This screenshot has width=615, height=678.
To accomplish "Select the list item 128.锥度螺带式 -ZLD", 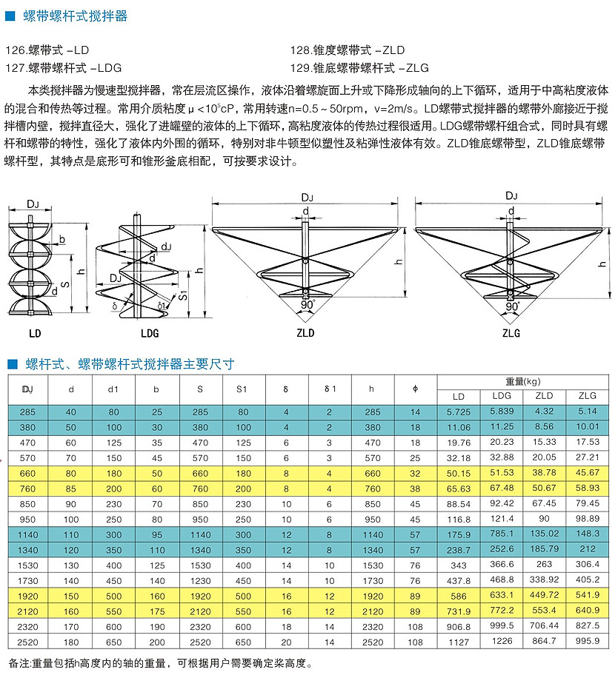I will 348,50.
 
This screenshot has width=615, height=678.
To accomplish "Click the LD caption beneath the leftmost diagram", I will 34,332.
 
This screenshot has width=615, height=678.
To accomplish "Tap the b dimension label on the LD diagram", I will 62,239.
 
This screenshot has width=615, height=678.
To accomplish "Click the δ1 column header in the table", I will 330,389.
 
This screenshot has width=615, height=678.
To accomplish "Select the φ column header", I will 415,389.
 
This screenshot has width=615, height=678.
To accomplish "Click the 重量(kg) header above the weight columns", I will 523,382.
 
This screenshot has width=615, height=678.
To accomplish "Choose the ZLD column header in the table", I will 544,396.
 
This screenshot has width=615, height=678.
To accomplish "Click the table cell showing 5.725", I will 459,412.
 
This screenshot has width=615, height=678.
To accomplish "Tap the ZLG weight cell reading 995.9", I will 586,641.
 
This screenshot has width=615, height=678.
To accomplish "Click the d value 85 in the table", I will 71,489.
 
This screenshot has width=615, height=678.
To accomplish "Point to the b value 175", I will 156,611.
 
